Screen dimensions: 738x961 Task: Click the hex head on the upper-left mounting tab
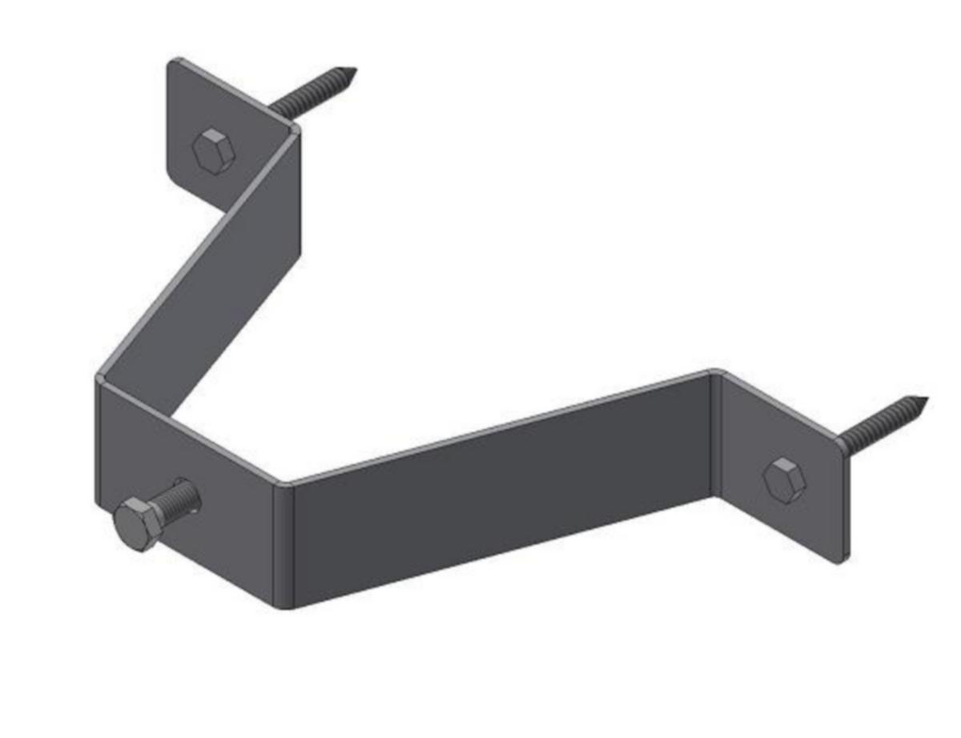[212, 150]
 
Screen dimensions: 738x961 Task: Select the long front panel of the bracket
[497, 496]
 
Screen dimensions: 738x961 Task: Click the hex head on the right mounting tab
[784, 479]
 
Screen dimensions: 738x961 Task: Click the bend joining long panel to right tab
[715, 432]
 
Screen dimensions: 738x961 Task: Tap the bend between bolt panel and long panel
[284, 544]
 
